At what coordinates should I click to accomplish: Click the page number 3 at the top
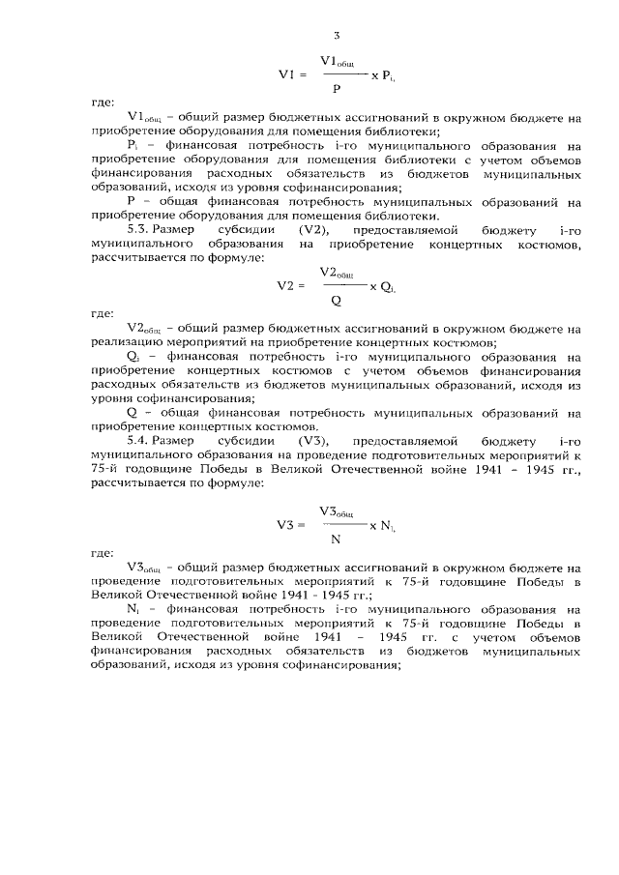(337, 36)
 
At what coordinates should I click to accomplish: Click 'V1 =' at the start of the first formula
(292, 73)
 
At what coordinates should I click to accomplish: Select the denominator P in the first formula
(335, 87)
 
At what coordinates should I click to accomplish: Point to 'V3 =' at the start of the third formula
(291, 525)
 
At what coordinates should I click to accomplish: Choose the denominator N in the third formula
(335, 539)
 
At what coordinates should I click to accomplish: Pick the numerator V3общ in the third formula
(338, 511)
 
